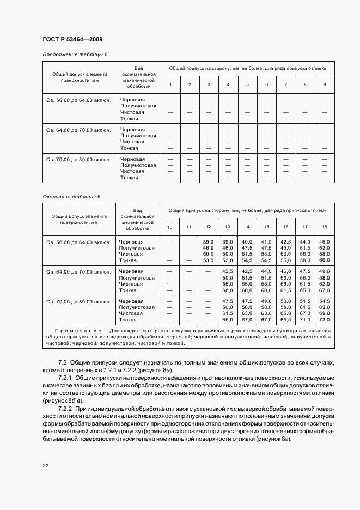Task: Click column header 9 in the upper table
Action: tap(325, 84)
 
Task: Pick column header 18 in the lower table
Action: tap(325, 226)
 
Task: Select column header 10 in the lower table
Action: tap(170, 226)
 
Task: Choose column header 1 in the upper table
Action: tap(170, 84)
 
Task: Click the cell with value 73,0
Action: tap(325, 320)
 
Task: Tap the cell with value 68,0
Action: tap(228, 290)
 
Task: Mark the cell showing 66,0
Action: tap(228, 320)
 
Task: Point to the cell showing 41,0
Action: tap(266, 241)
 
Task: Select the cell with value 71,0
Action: tap(305, 320)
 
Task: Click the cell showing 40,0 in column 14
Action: tap(247, 241)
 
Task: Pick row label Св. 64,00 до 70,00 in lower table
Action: tap(78, 271)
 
